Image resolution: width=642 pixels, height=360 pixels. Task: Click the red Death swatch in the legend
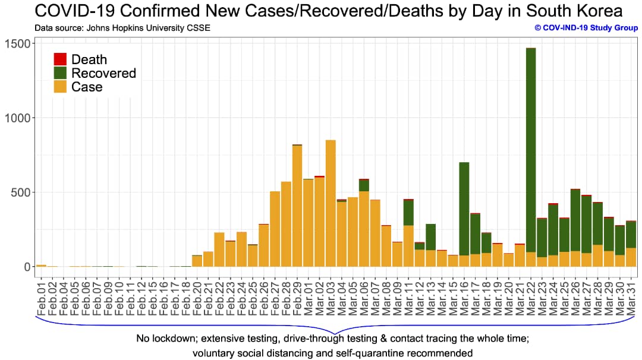[60, 59]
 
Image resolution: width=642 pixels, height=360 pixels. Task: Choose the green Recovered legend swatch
[60, 73]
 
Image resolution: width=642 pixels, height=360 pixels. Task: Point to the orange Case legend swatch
[60, 87]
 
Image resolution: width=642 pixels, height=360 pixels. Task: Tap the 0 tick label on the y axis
[27, 267]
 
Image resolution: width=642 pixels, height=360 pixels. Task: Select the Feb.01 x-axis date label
[41, 291]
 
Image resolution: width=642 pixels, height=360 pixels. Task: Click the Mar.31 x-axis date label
[631, 291]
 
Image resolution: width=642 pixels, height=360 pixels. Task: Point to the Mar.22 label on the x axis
[531, 291]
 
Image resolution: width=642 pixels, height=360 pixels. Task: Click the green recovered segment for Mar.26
[575, 220]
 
